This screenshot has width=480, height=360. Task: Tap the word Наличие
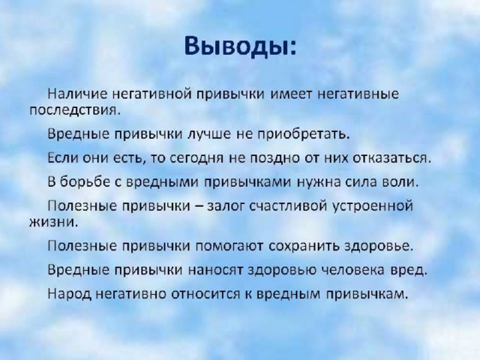pyautogui.click(x=78, y=93)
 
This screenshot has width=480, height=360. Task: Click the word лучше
pyautogui.click(x=208, y=134)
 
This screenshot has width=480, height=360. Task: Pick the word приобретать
pyautogui.click(x=303, y=133)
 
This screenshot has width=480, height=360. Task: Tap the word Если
pyautogui.click(x=61, y=157)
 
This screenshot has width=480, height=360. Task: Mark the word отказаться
pyautogui.click(x=391, y=158)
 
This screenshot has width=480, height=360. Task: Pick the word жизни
pyautogui.click(x=54, y=222)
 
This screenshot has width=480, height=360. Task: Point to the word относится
pyautogui.click(x=205, y=294)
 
